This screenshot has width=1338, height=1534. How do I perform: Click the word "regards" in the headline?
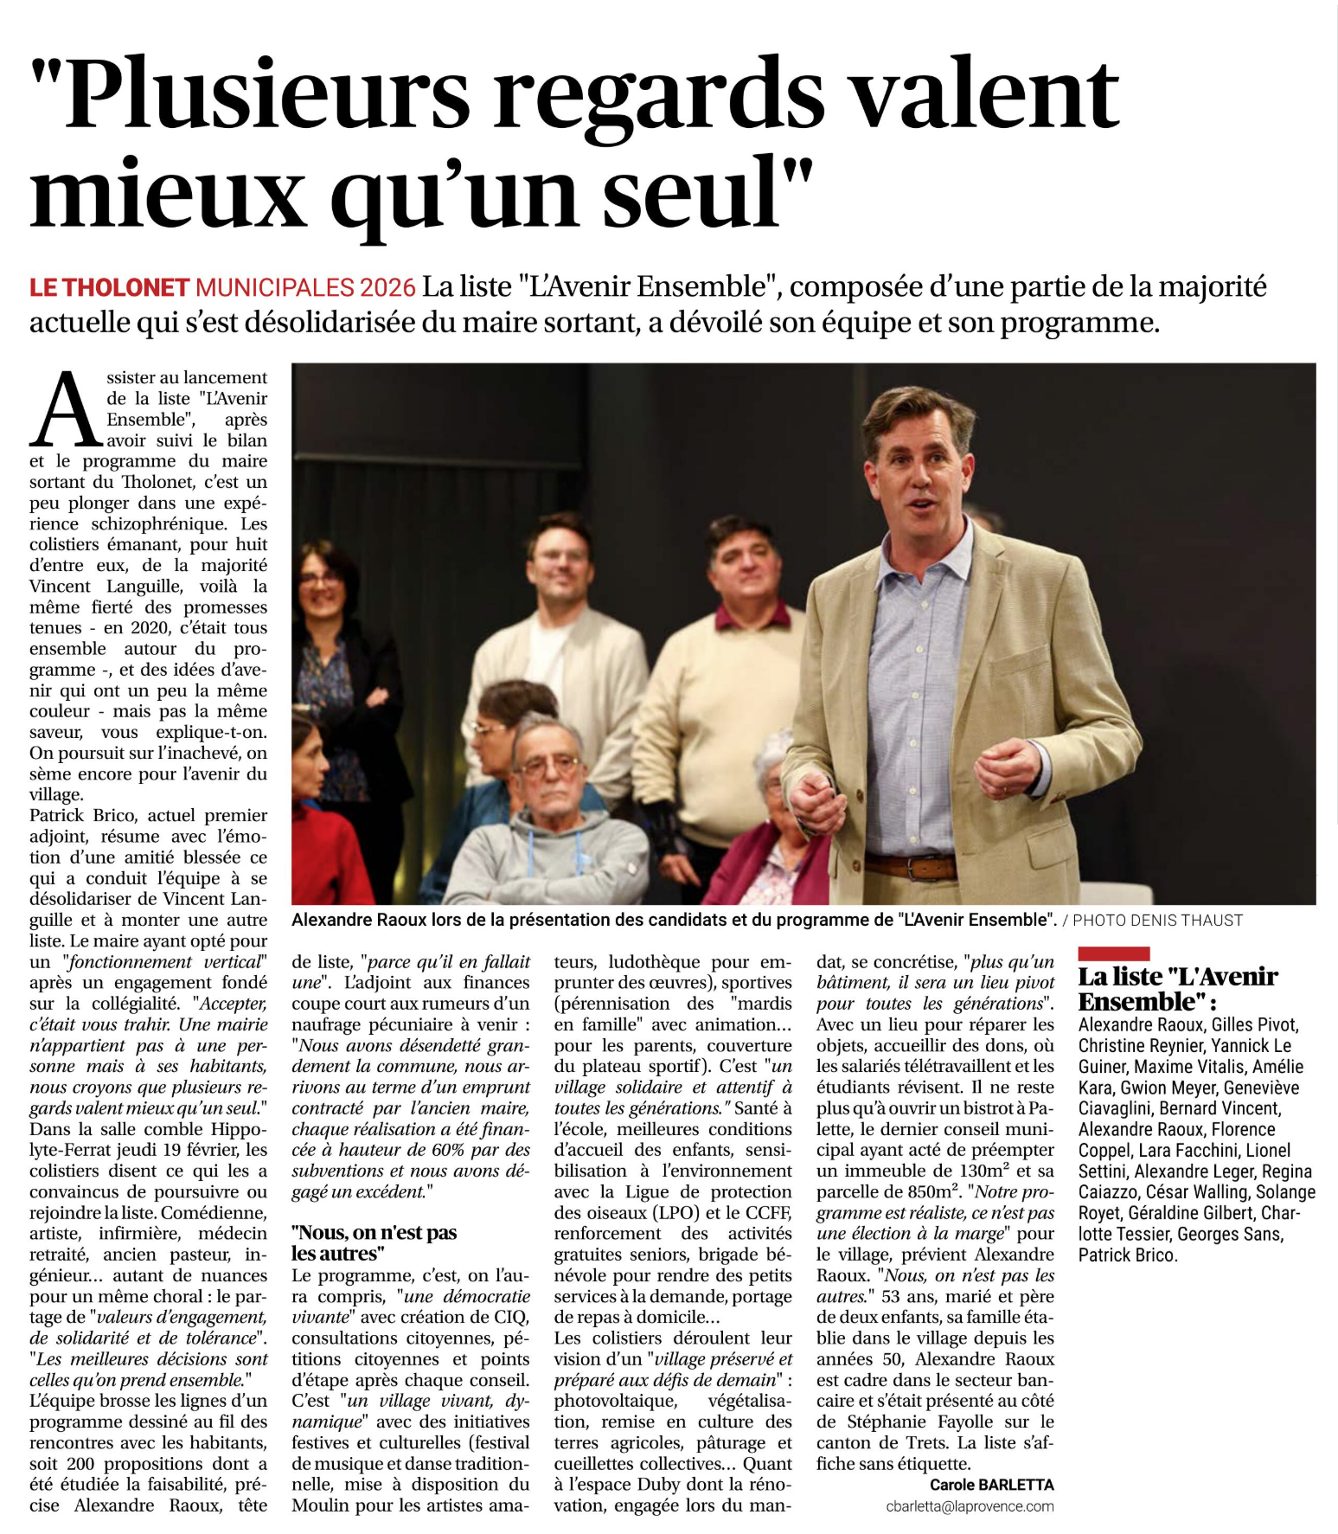click(659, 97)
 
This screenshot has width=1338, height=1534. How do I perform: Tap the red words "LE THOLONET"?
click(109, 288)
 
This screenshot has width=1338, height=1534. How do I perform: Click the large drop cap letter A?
click(66, 409)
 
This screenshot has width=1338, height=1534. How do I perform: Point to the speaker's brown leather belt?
click(911, 866)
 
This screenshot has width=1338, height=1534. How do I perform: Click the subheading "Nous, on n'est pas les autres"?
click(374, 1242)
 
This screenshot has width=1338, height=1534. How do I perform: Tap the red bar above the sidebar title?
click(1113, 953)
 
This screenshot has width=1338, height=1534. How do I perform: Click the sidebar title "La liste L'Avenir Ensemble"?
click(1176, 989)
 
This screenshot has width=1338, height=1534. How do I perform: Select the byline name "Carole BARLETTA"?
click(991, 1485)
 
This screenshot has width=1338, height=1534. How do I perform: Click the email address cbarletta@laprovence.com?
click(970, 1506)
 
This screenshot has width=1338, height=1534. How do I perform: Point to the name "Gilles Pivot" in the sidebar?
click(1255, 1025)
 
